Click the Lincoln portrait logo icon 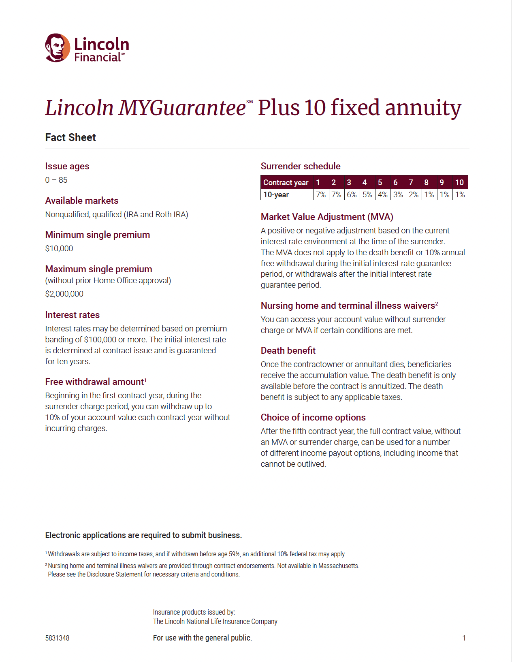click(x=57, y=48)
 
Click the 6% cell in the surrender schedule click(x=352, y=194)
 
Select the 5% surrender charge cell click(x=367, y=194)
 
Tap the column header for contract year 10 click(x=459, y=182)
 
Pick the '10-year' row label click(x=276, y=195)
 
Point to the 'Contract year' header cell click(x=286, y=183)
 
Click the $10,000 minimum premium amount click(x=59, y=248)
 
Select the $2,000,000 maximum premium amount click(x=64, y=294)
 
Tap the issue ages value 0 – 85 click(x=56, y=180)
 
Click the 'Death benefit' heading click(x=288, y=350)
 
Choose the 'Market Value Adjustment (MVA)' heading click(x=327, y=217)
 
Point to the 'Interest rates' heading click(x=72, y=315)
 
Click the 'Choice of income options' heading click(x=313, y=417)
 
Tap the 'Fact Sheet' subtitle click(x=70, y=137)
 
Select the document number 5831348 click(x=57, y=638)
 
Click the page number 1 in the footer click(x=464, y=638)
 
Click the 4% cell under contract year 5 click(x=382, y=194)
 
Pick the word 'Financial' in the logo click(x=98, y=58)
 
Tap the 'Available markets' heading click(x=82, y=201)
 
